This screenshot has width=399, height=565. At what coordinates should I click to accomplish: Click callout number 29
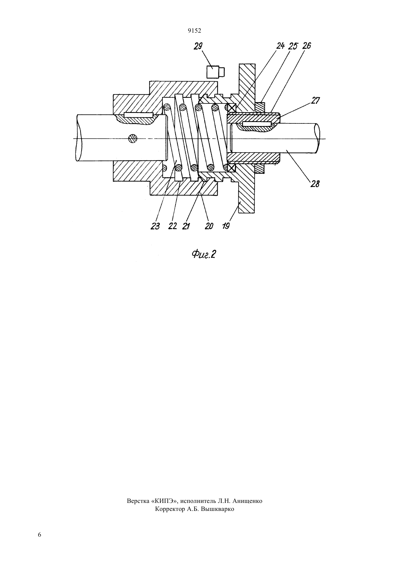coord(198,46)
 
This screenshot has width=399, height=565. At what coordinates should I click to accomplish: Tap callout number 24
coord(280,46)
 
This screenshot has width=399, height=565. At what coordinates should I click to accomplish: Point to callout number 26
coord(307,46)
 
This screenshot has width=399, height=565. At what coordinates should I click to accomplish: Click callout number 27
coord(315,101)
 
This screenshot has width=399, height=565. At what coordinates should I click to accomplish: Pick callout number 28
coord(315,184)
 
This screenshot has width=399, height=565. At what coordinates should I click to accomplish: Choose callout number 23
coord(155,226)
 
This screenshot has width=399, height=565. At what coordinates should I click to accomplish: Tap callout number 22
coord(173,226)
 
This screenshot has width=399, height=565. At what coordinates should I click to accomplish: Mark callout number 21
coord(186,226)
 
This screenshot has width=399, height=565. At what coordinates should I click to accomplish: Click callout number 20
coord(209,226)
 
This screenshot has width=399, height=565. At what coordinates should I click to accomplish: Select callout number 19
coord(226,225)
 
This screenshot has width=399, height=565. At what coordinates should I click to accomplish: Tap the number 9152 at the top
coord(194,31)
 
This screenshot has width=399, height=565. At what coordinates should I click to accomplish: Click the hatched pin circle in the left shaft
coord(133,138)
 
